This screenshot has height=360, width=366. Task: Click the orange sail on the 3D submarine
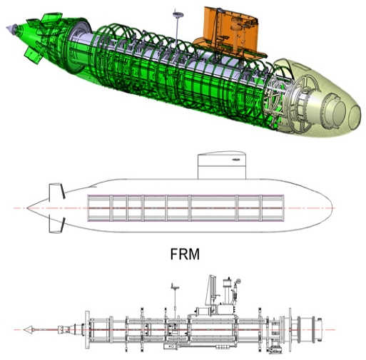[230, 32]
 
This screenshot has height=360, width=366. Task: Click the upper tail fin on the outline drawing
[54, 191]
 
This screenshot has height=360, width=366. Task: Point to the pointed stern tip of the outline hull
[29, 207]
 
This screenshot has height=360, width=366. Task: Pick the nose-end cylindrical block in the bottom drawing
[312, 331]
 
